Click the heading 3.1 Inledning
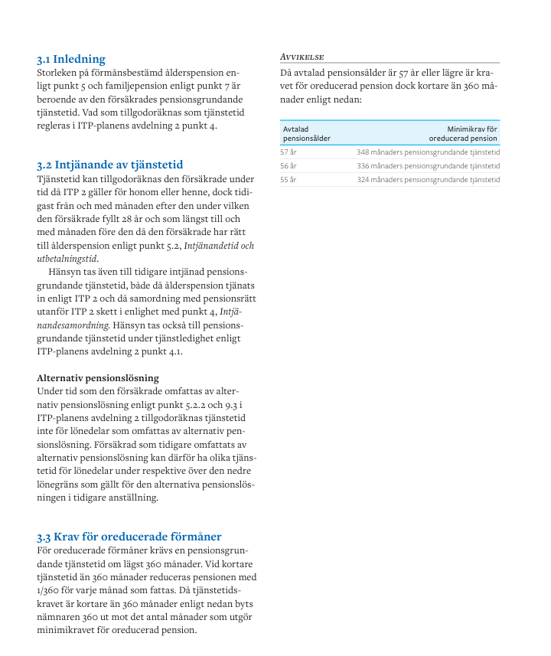[x=71, y=59]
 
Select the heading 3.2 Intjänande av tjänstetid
[x=109, y=165]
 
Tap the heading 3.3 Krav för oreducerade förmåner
[x=129, y=537]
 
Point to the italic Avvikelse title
[x=302, y=57]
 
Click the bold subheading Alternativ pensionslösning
[x=98, y=377]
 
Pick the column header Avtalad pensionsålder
[x=306, y=134]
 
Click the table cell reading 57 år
[x=289, y=152]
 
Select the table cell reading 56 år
[x=289, y=166]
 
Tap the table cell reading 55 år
[x=289, y=180]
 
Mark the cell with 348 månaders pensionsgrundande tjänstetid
[x=428, y=152]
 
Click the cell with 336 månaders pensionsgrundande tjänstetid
[x=428, y=166]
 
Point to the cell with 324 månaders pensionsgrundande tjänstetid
[x=428, y=180]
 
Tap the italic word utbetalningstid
[x=67, y=259]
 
